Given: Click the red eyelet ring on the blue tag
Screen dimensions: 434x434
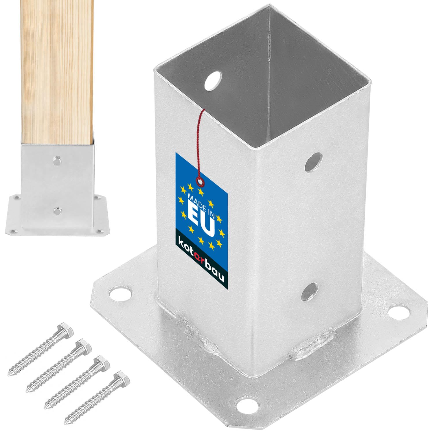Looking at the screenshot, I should pos(199,181).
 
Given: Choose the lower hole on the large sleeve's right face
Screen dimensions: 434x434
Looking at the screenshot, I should pos(309,291).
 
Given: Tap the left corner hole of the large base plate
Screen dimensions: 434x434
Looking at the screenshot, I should pos(120,293).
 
